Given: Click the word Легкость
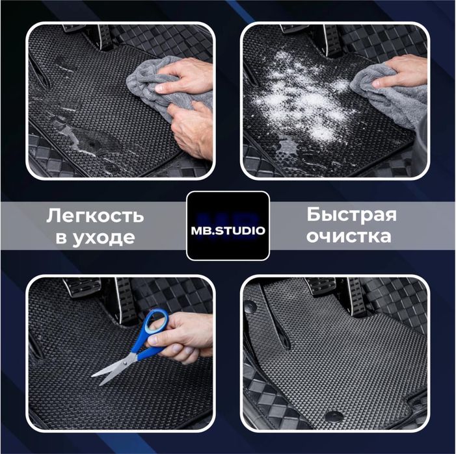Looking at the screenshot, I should pos(94,216).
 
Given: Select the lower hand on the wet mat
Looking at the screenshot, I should pos(192,130).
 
